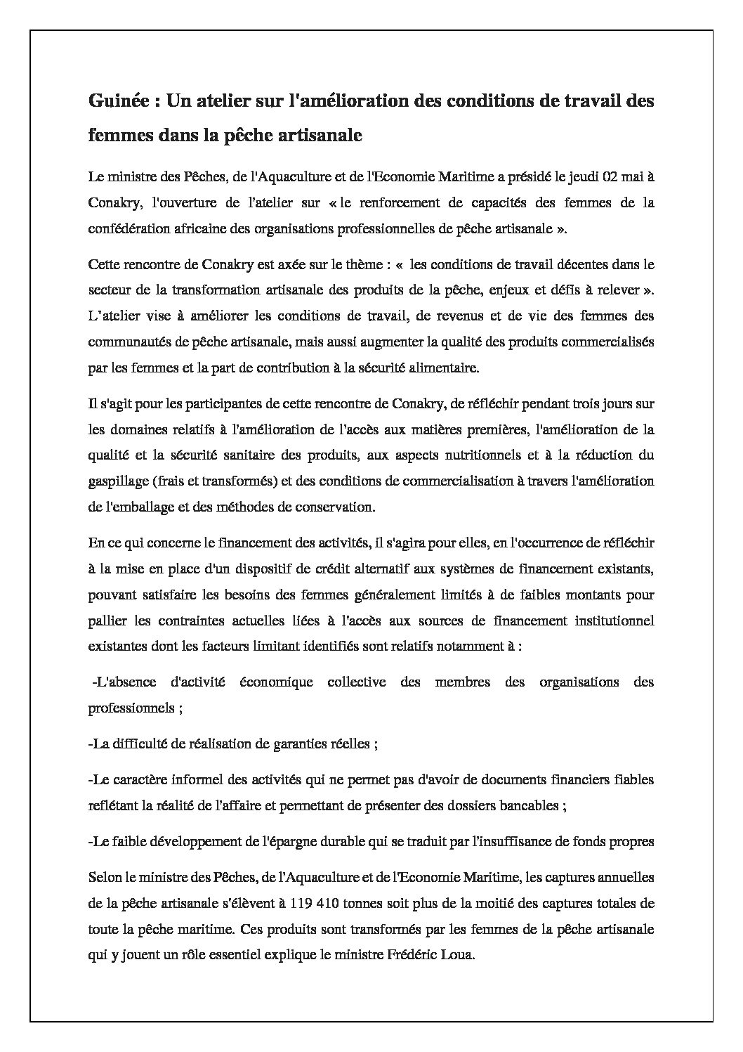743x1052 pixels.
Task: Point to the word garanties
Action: [x=320, y=744]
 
